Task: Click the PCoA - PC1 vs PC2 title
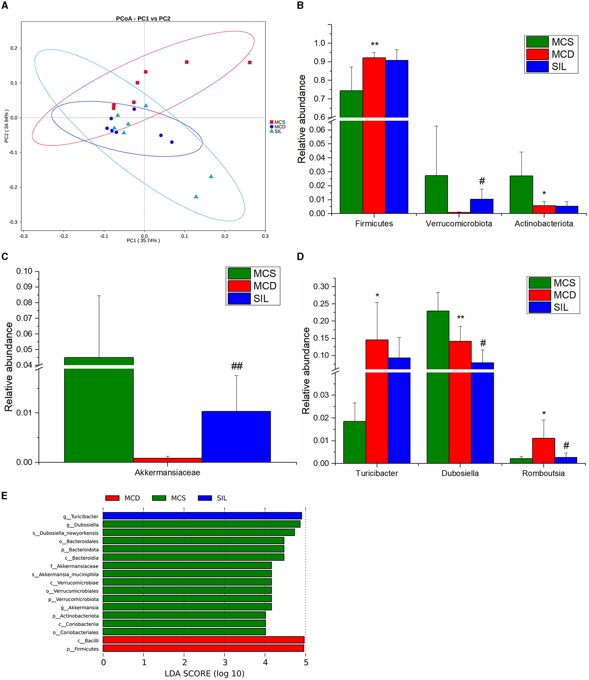point(143,19)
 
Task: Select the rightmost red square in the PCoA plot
point(250,63)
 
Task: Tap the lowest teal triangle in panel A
point(196,197)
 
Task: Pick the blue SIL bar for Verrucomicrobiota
point(481,206)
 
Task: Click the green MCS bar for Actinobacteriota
point(521,195)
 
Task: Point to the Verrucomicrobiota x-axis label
point(459,224)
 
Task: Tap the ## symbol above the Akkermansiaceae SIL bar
point(237,366)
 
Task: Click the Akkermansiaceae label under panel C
point(167,472)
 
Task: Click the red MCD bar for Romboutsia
point(543,451)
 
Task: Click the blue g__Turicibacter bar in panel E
point(202,516)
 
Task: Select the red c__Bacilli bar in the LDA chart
point(203,640)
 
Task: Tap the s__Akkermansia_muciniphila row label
point(65,575)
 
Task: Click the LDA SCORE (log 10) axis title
point(204,673)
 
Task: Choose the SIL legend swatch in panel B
point(537,67)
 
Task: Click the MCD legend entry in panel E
point(123,498)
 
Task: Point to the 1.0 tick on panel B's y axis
point(319,43)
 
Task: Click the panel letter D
point(300,256)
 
